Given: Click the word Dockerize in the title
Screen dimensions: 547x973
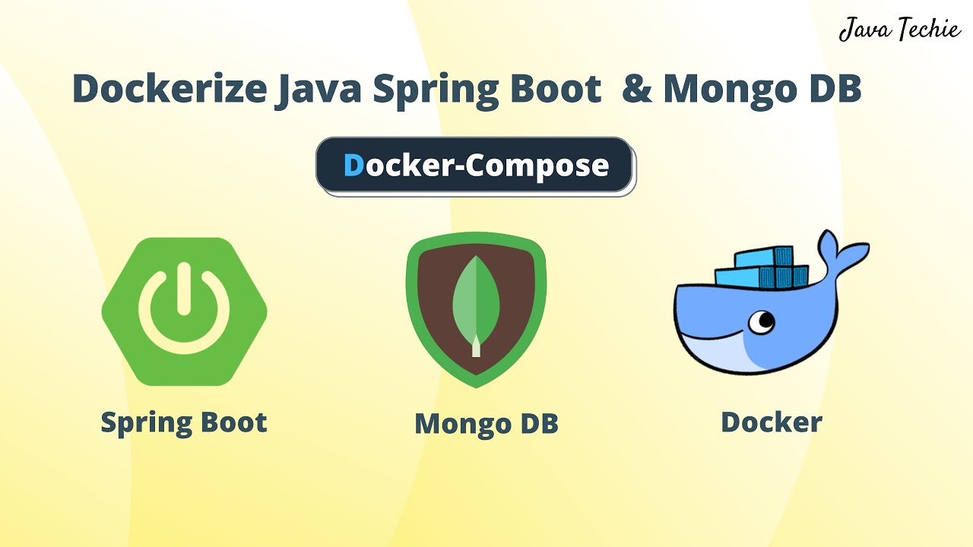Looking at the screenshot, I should coord(169,90).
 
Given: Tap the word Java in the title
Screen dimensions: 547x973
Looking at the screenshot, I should coord(317,90).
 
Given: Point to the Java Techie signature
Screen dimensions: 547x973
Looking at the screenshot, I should coord(899,30).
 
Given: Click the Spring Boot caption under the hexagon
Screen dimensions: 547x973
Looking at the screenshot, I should coord(184,422).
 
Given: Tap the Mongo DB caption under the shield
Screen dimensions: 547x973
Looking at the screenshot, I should coord(486,424).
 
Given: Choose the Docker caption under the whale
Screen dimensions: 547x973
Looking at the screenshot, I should coord(771,422).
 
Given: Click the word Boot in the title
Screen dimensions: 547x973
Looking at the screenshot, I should coord(554,90).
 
